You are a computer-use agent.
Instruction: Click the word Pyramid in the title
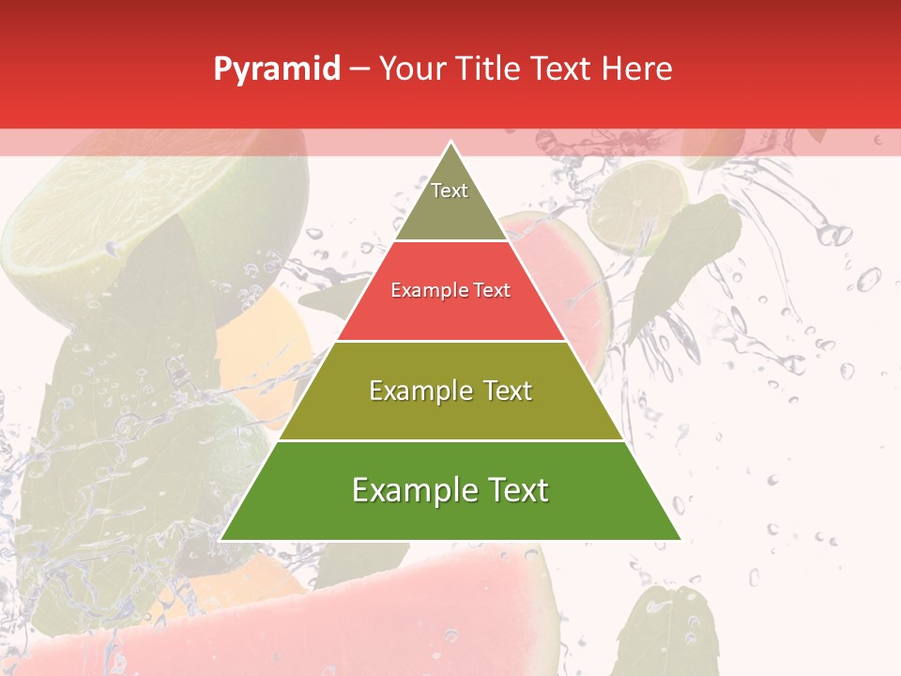(x=276, y=69)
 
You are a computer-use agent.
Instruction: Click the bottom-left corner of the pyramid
(x=222, y=539)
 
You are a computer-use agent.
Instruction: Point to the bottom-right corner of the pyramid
(x=679, y=539)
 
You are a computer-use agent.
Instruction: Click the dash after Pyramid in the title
(x=360, y=69)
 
